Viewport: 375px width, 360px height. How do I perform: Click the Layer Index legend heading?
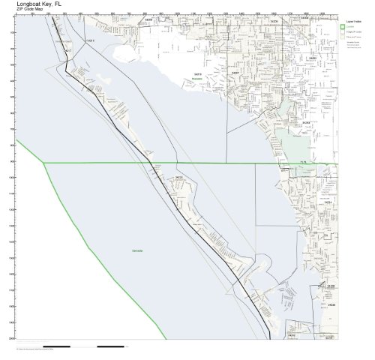point(355,22)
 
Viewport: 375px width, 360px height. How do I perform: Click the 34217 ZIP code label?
point(68,51)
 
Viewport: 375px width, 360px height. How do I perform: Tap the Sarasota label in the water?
point(136,248)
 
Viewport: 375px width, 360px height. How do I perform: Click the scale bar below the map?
point(97,347)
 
